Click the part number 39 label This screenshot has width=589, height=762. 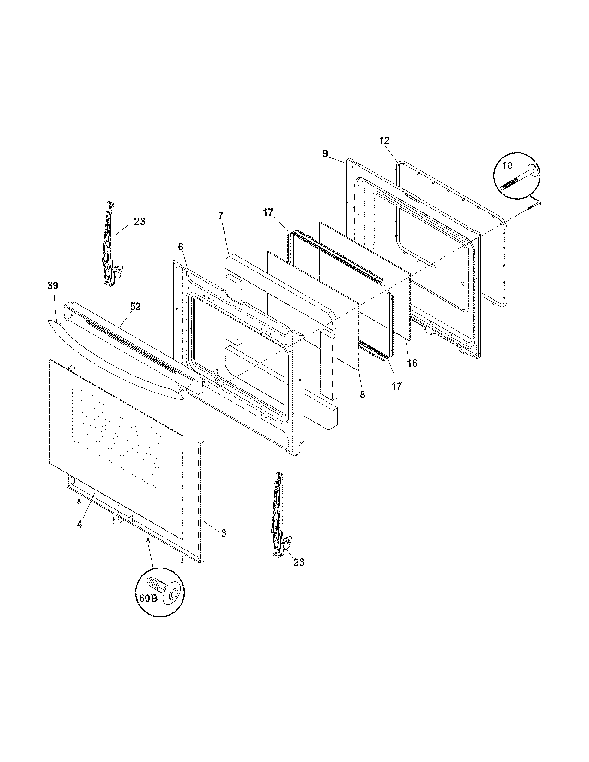point(53,286)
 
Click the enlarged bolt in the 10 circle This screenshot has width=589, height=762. point(520,178)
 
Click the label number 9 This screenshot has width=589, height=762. point(325,154)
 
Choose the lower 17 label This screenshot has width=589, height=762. point(396,386)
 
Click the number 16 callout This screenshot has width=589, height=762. point(412,363)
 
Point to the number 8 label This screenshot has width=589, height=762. point(362,395)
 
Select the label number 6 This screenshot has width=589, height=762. point(181,248)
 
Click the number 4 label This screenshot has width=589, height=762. point(79,525)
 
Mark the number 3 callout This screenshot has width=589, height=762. point(223,533)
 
